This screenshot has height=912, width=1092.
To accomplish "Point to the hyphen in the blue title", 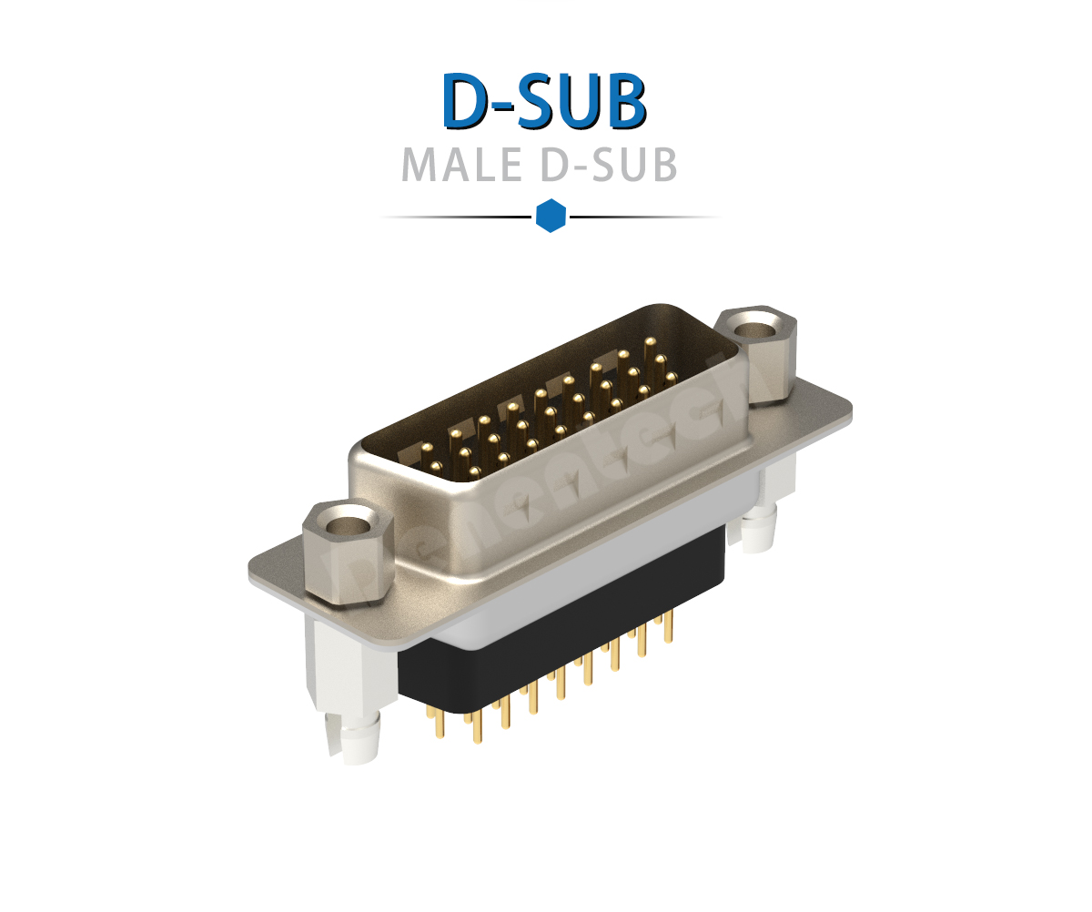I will (x=508, y=106).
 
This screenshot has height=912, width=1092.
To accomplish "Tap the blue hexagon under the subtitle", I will (x=551, y=216).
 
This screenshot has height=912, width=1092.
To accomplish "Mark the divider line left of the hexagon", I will (x=455, y=217).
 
